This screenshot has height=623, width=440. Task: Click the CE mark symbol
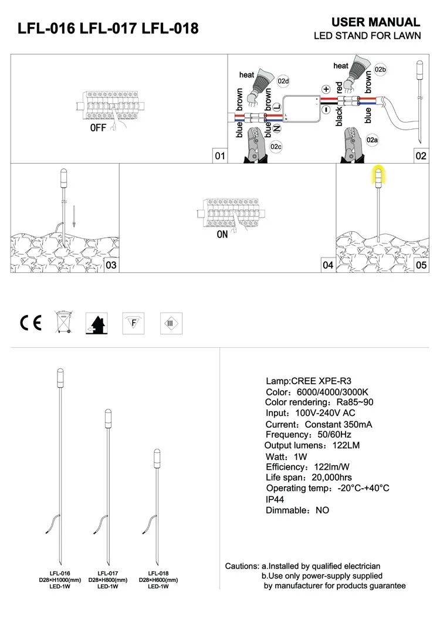click(x=31, y=323)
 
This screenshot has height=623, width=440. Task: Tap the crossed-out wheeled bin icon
click(x=63, y=322)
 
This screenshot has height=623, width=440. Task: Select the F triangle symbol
click(x=133, y=323)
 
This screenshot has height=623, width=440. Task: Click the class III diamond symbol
click(x=171, y=323)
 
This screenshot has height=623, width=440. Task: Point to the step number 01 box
click(x=220, y=156)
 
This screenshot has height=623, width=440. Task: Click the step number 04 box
click(x=328, y=265)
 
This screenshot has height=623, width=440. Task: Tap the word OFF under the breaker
click(x=98, y=128)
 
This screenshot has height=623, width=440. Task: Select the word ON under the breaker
click(x=222, y=235)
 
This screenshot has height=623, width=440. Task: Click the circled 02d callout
click(x=283, y=82)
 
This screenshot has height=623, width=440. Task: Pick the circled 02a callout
click(x=372, y=140)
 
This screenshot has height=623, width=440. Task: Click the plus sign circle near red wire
click(x=326, y=89)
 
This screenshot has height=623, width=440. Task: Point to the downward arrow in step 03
click(x=73, y=216)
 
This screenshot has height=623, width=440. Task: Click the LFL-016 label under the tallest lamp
click(x=60, y=573)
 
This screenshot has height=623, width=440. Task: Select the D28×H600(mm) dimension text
click(x=158, y=580)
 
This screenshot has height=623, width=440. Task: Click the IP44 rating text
click(x=275, y=499)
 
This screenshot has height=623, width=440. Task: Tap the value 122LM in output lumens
click(x=346, y=445)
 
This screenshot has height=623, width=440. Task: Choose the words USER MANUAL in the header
click(x=375, y=22)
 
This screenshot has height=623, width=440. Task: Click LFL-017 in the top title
click(x=108, y=29)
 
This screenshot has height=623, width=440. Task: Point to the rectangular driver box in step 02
click(x=302, y=109)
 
